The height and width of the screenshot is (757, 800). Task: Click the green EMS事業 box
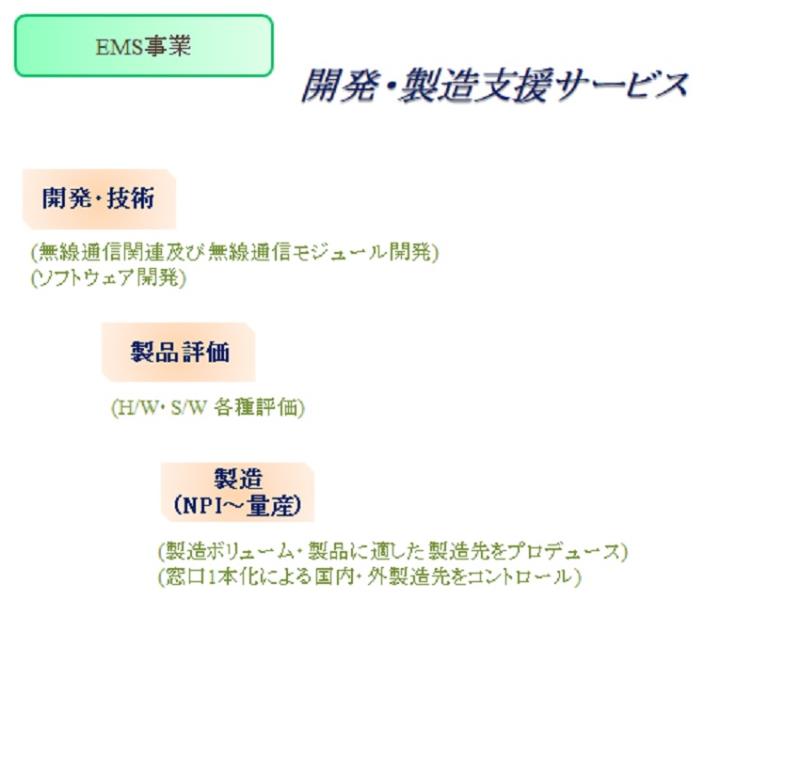144,46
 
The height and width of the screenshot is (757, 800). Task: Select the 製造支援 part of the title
476,85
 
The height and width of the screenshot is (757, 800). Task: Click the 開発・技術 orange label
99,199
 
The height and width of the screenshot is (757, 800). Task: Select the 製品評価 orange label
179,352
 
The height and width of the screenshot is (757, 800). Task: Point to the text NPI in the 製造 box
204,506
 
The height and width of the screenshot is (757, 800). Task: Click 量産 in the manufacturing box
270,506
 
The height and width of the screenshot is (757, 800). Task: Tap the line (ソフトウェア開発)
108,278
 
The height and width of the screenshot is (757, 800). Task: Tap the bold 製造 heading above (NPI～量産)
238,479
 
